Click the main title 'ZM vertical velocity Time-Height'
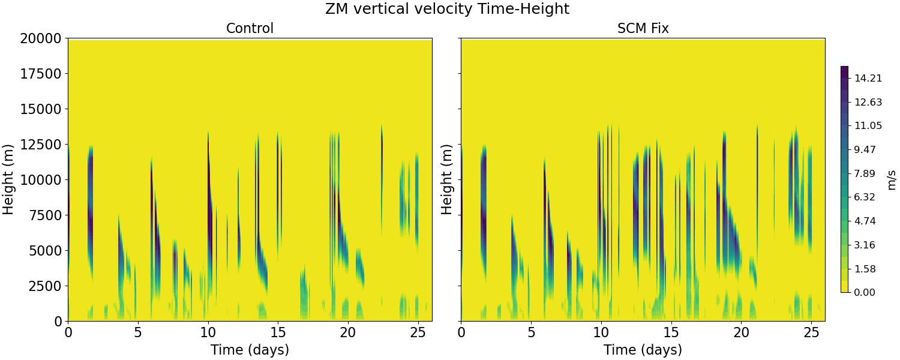447,9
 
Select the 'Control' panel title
250,28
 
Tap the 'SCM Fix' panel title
643,28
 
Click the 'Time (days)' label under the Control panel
250,350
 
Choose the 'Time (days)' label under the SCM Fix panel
643,350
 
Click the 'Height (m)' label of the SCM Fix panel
447,179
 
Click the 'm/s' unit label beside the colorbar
892,179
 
